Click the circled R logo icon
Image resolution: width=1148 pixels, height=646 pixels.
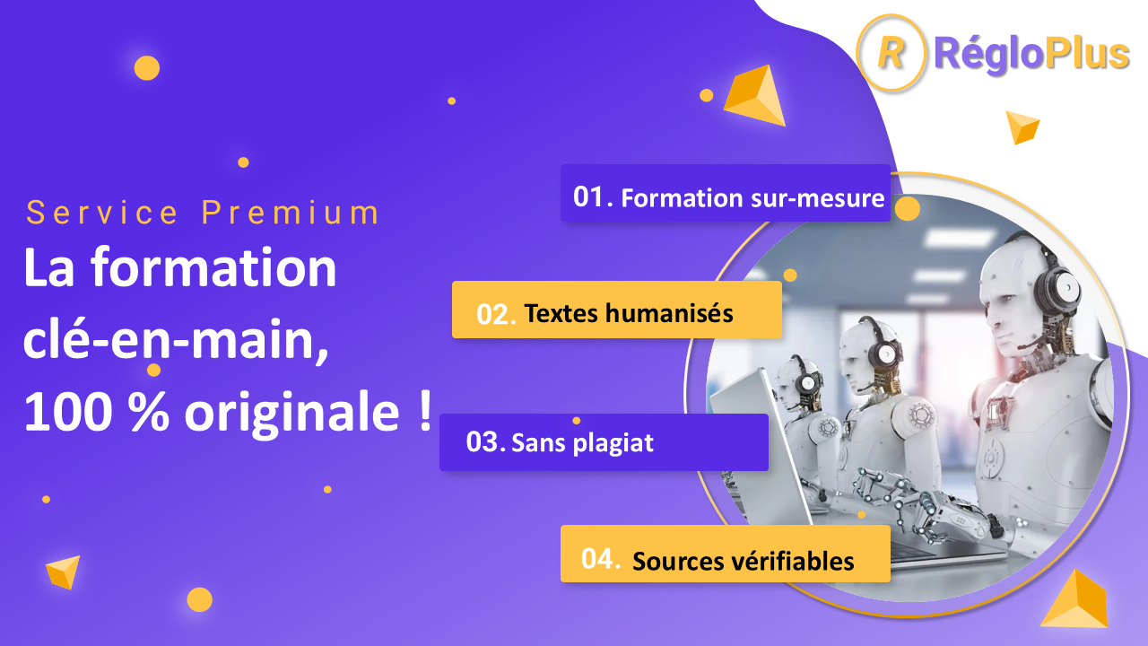(891, 52)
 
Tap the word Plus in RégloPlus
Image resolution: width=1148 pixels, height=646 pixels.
(1087, 53)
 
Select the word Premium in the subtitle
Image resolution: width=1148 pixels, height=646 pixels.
(290, 213)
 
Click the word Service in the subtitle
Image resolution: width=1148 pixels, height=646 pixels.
(102, 213)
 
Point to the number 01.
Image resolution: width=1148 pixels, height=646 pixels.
(588, 196)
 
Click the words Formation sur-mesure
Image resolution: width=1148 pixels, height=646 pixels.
(752, 198)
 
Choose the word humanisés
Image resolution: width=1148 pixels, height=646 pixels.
(669, 313)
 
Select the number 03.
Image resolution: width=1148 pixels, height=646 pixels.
(483, 441)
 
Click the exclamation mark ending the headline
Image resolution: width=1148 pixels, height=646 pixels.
(425, 410)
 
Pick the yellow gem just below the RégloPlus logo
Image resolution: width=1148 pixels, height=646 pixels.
(1022, 127)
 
